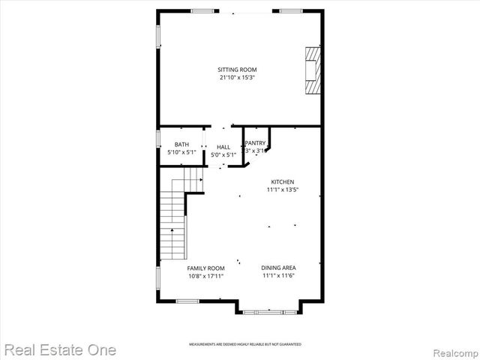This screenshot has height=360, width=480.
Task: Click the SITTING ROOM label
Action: (x=237, y=70)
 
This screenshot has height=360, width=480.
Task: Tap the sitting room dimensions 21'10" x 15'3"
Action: (x=237, y=77)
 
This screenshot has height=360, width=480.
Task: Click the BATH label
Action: (x=182, y=144)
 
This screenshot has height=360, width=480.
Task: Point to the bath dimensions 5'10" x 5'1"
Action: (x=182, y=152)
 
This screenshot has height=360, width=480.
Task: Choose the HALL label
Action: (x=223, y=147)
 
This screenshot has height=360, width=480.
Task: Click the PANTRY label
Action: (x=255, y=142)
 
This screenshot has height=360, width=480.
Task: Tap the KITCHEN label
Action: (x=282, y=181)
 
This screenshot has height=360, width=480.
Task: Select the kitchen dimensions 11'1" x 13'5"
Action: (x=282, y=190)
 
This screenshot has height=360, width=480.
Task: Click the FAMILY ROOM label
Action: (x=205, y=268)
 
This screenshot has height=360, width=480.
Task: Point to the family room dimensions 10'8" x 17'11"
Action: (x=205, y=276)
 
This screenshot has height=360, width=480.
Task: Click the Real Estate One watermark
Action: (x=59, y=349)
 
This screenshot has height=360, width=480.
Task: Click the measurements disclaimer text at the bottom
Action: (x=244, y=345)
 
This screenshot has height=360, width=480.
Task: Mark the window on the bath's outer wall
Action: (x=158, y=139)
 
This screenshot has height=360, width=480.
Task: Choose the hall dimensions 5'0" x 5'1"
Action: (x=223, y=155)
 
